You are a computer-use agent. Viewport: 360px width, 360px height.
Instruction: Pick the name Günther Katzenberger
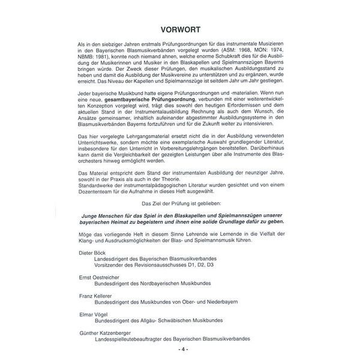click(x=105, y=331)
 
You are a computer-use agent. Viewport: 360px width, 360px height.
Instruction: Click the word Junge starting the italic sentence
click(x=92, y=216)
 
